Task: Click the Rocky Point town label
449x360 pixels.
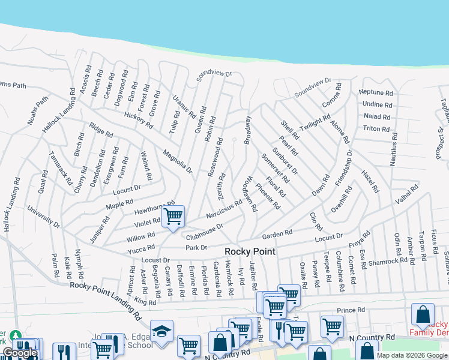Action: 250,251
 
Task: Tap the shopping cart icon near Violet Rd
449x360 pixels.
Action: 173,216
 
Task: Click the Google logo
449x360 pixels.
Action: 19,353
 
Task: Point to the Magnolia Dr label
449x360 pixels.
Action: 176,161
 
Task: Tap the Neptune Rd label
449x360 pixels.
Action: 376,93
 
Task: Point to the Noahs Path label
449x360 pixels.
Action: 37,111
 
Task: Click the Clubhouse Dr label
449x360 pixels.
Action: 204,230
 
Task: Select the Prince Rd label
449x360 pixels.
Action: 351,310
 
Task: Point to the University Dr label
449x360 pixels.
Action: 43,217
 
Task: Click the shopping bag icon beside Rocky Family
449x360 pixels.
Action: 423,314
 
